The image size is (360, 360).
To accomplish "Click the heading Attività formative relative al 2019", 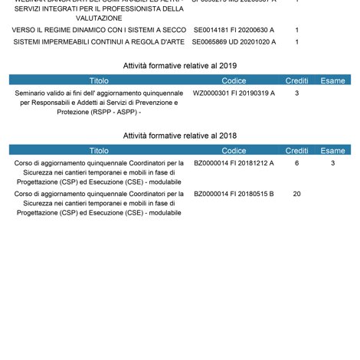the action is click(180, 66).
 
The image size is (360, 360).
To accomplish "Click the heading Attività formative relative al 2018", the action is click(180, 136).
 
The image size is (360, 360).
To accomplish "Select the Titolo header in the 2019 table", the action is click(99, 80).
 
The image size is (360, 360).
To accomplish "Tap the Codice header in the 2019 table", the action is click(234, 80).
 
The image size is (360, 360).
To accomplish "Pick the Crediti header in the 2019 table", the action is click(296, 80).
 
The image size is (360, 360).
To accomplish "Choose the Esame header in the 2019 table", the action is click(333, 80).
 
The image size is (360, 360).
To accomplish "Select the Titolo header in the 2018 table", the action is click(99, 151).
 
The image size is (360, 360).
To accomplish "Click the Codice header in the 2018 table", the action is click(234, 151).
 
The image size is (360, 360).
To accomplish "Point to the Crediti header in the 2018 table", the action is click(296, 151).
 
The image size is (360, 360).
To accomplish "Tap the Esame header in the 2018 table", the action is click(333, 151).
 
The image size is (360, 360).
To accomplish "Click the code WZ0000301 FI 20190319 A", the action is click(234, 93).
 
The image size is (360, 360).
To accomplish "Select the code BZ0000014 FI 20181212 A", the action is click(234, 163).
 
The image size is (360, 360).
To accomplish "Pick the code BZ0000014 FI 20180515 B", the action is click(234, 194).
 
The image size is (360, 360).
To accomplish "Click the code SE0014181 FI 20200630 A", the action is click(234, 30).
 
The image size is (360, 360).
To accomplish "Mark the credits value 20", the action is click(296, 194).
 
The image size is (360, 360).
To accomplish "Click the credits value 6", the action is click(296, 163).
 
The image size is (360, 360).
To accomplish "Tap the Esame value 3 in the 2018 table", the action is click(333, 163).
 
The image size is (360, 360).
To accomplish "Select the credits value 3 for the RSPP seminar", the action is click(296, 93).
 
